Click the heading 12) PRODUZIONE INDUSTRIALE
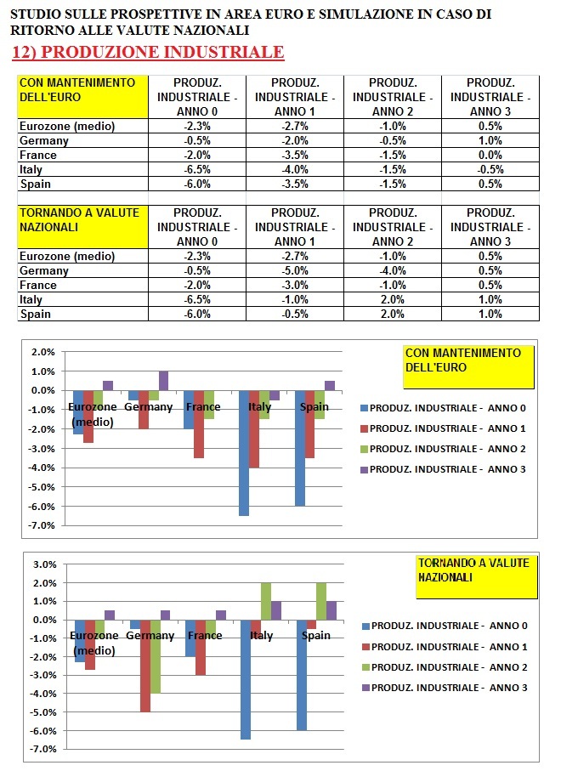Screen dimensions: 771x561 pos(148,53)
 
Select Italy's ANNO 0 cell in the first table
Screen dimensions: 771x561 pos(197,169)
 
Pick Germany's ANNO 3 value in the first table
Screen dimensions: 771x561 pos(490,140)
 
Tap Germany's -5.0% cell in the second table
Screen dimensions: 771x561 pos(294,270)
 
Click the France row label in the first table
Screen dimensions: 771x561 pos(38,155)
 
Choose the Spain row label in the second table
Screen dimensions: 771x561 pos(35,314)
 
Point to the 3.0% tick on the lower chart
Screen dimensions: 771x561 pos(43,564)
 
